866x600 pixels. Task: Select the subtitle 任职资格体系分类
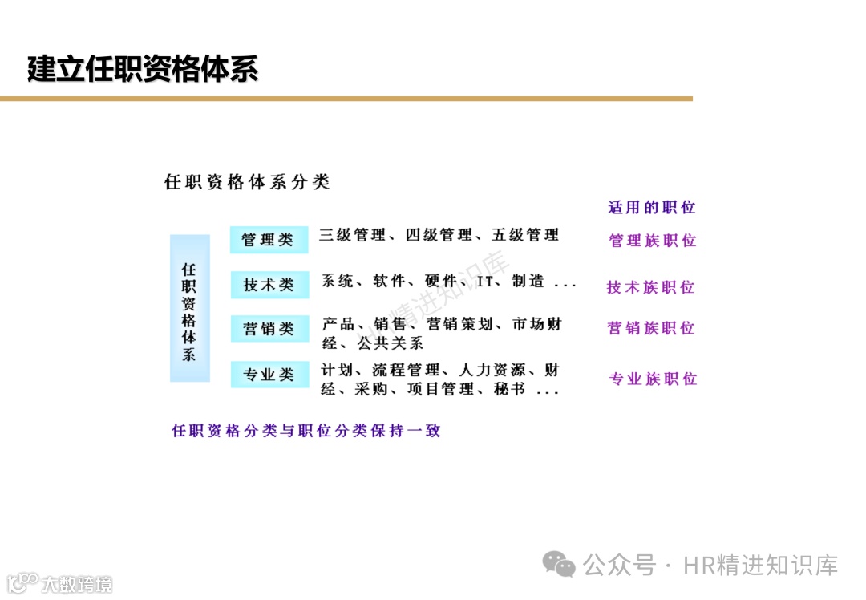click(x=247, y=182)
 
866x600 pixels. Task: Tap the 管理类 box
click(x=269, y=240)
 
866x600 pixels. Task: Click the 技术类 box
click(x=269, y=284)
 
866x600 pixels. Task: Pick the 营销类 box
click(x=269, y=329)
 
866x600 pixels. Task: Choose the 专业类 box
click(x=269, y=375)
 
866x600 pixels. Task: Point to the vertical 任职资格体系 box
click(x=189, y=309)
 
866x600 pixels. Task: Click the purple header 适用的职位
click(x=651, y=208)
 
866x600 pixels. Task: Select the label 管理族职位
click(x=652, y=241)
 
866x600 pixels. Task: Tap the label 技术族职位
click(x=650, y=287)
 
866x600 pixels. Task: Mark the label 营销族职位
click(x=650, y=328)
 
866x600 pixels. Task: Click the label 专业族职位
click(x=653, y=379)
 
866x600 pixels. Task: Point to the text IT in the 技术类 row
click(x=484, y=282)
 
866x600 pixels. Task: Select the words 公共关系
click(x=391, y=343)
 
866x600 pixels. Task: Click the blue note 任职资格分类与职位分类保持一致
click(x=306, y=431)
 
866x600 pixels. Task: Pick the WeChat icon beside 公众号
click(x=558, y=564)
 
